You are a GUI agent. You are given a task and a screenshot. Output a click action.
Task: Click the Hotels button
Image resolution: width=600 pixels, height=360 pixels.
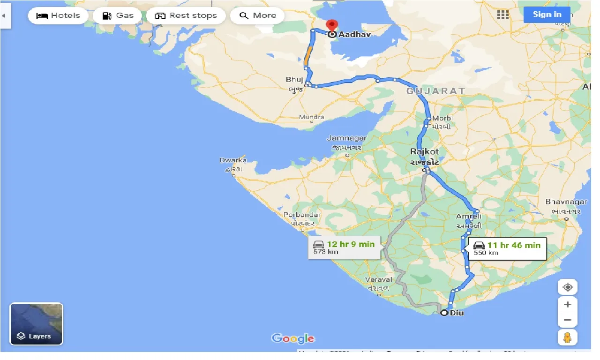(58, 15)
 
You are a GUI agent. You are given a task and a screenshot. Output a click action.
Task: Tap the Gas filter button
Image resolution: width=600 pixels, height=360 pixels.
(118, 15)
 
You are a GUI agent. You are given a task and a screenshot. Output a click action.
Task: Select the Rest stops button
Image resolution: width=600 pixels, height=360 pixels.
(186, 15)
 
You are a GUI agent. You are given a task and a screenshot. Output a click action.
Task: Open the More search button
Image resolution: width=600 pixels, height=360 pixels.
(258, 15)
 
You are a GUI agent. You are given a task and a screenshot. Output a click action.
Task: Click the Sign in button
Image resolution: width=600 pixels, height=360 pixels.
(547, 14)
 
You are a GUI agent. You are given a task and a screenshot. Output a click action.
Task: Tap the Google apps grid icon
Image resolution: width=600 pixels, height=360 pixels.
(502, 15)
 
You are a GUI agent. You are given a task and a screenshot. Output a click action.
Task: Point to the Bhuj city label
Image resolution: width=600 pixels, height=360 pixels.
(294, 80)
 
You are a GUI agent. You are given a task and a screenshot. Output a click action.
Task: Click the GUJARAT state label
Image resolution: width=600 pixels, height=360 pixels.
(435, 91)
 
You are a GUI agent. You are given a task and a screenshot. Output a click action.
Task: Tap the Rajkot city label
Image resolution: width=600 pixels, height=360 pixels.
(424, 151)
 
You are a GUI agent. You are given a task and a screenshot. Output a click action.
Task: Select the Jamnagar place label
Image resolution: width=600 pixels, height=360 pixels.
(346, 138)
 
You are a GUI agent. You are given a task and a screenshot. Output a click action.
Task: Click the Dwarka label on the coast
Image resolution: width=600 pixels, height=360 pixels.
(233, 160)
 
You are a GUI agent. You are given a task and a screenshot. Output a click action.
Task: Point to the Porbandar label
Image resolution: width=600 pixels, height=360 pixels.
(302, 215)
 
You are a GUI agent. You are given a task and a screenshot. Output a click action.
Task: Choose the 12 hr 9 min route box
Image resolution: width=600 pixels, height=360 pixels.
(344, 247)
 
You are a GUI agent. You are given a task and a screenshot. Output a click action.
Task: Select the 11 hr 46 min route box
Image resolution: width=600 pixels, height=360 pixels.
(507, 248)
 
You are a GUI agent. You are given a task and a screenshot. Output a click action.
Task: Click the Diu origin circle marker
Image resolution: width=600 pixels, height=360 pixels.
(444, 313)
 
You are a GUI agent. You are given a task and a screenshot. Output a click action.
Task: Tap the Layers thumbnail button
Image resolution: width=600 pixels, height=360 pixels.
(36, 324)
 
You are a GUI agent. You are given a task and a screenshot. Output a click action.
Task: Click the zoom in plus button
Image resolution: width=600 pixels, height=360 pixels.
(567, 305)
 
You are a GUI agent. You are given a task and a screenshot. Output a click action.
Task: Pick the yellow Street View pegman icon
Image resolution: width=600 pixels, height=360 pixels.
(567, 337)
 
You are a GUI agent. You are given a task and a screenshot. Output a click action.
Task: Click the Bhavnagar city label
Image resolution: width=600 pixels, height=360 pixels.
(566, 202)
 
